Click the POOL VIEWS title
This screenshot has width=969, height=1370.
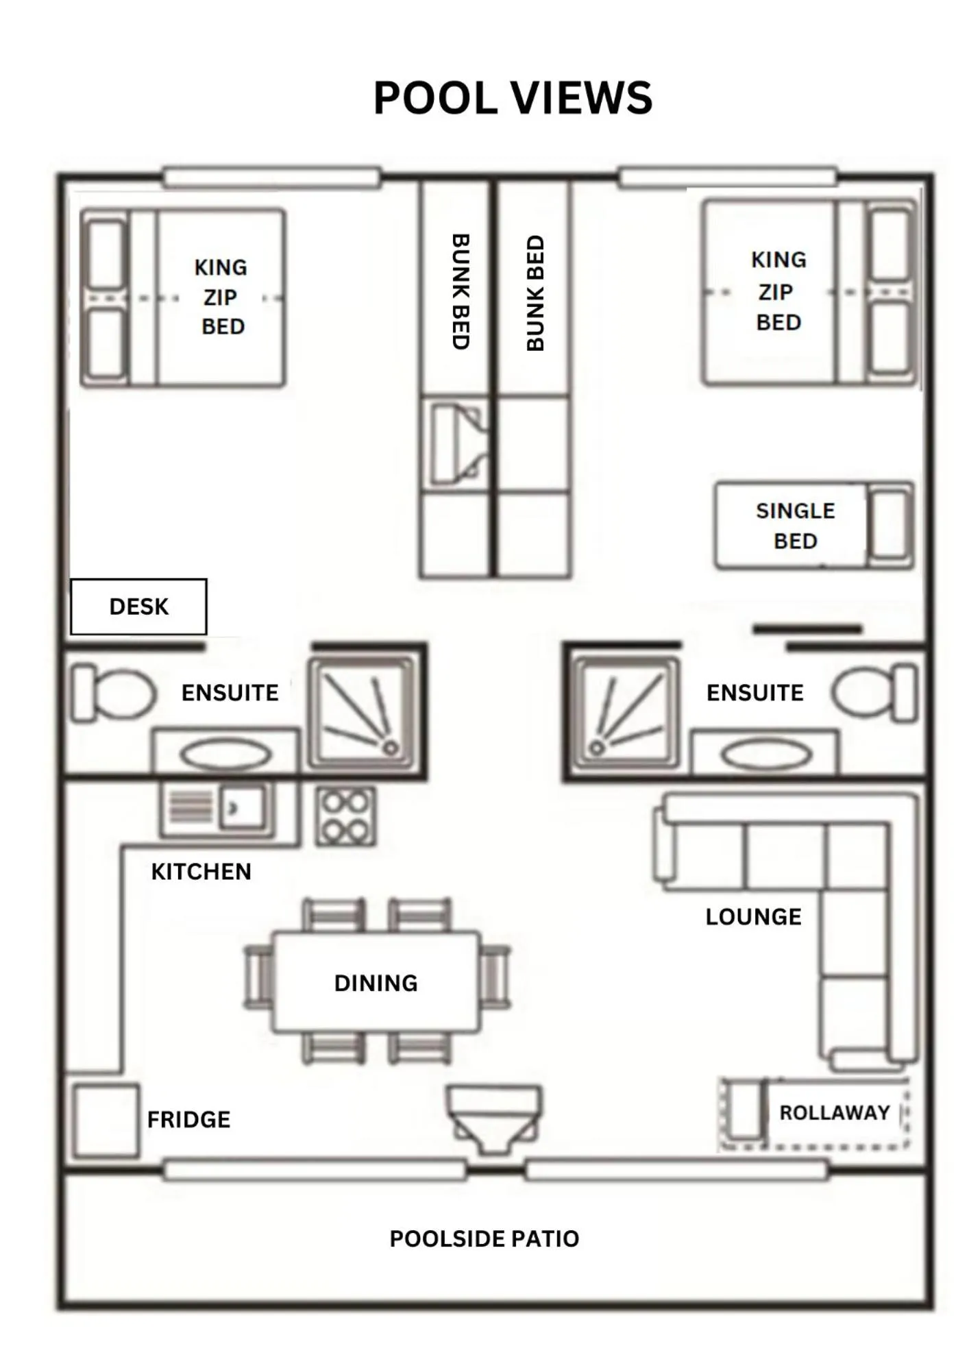(x=513, y=98)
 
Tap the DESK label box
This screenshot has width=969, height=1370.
(x=138, y=607)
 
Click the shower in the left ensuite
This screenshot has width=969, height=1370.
(x=363, y=713)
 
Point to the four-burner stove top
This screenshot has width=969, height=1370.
(x=345, y=816)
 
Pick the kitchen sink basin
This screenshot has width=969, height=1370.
(x=242, y=809)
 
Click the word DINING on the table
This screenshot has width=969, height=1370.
(x=376, y=983)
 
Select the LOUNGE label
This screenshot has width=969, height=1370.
(x=753, y=917)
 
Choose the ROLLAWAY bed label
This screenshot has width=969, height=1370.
(x=834, y=1112)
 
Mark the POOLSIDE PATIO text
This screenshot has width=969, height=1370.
(x=484, y=1238)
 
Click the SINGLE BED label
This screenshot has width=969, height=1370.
(x=795, y=526)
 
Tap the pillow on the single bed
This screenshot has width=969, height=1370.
(x=890, y=526)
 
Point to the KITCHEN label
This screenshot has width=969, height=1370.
(x=201, y=872)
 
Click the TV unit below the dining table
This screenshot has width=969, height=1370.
(x=493, y=1116)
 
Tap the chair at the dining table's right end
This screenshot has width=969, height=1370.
(x=495, y=977)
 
